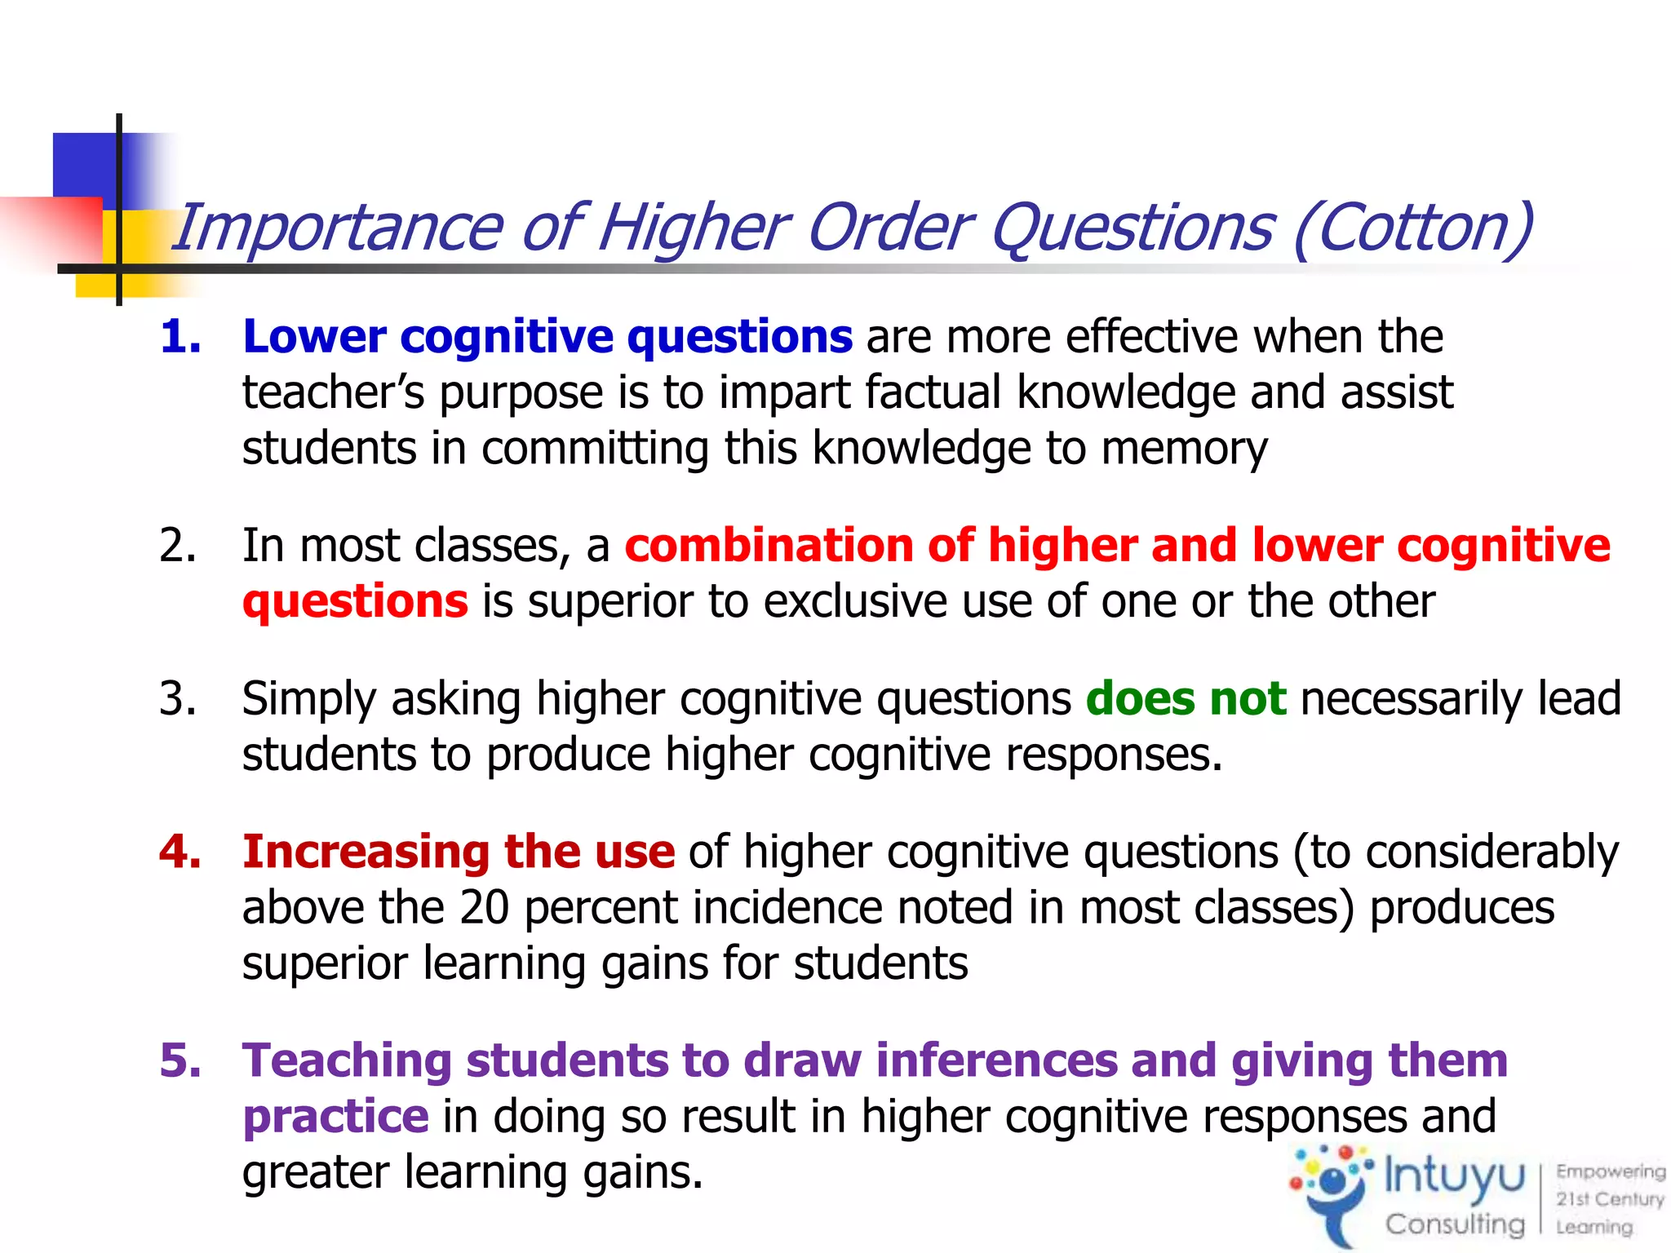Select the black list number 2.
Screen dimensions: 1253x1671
click(x=178, y=545)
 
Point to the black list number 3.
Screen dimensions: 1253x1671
click(x=178, y=698)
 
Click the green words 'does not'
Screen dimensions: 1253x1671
click(x=1186, y=698)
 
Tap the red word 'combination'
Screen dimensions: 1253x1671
click(x=769, y=545)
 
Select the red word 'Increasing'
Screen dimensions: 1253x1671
click(x=366, y=852)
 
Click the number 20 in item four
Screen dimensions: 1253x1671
click(x=484, y=907)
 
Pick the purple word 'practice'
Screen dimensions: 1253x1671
click(x=335, y=1116)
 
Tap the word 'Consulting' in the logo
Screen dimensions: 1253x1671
click(x=1454, y=1224)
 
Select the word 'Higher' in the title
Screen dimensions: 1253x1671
click(x=694, y=228)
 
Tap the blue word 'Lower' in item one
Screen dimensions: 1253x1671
click(x=314, y=336)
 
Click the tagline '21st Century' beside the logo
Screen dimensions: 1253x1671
click(x=1609, y=1199)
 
